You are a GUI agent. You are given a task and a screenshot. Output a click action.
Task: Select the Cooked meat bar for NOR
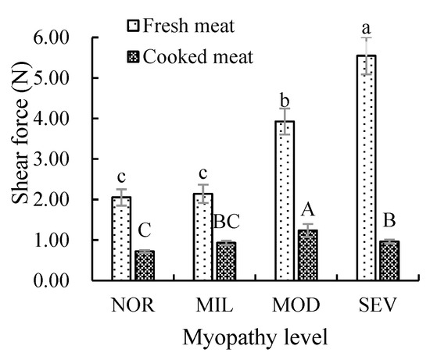click(143, 266)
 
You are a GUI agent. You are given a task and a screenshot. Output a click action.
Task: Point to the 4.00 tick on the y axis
click(73, 119)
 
